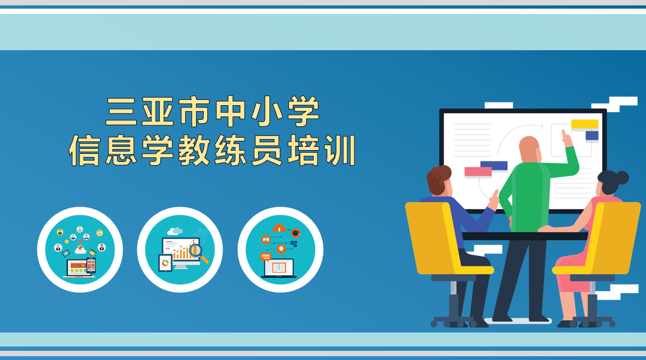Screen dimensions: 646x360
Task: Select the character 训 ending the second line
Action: pos(340,151)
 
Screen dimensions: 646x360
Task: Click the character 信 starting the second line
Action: pos(84,151)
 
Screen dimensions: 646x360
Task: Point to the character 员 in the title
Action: pos(267,151)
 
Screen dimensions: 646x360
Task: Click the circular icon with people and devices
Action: pos(80,249)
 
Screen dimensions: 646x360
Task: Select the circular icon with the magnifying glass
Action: pos(180,249)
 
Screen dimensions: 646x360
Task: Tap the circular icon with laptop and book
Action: pos(280,249)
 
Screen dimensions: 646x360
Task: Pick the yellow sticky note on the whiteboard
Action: pos(584,124)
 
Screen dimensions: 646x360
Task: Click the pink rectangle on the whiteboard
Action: pos(478,172)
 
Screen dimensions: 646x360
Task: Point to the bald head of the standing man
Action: pos(529,149)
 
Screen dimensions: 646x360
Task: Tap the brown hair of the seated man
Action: pos(439,178)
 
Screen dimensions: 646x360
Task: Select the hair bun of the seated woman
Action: pos(621,178)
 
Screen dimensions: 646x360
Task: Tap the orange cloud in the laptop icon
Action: pos(279,228)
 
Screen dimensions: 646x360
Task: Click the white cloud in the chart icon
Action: pos(175,231)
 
